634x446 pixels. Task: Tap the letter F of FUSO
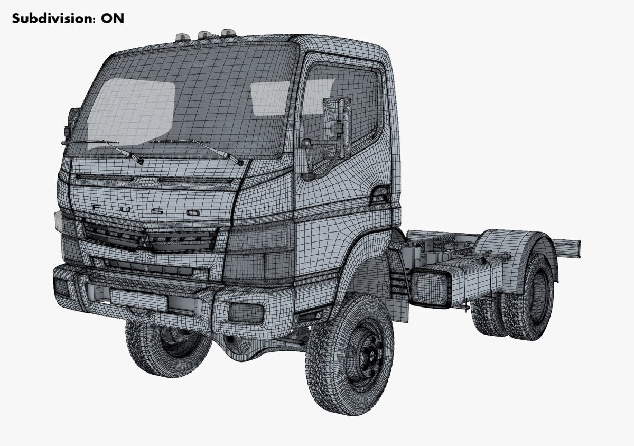click(97, 208)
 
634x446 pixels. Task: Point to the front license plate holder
click(138, 299)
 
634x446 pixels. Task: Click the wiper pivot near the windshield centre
click(140, 160)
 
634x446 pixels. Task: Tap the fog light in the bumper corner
click(244, 313)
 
